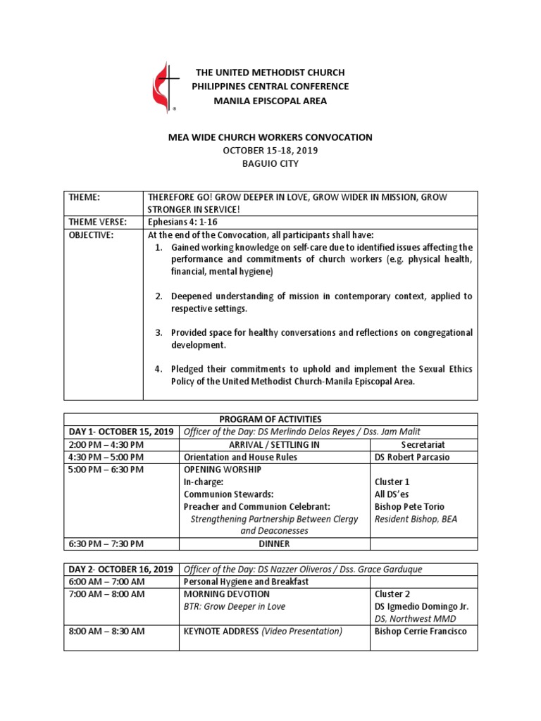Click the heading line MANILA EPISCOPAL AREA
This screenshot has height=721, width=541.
coord(270,101)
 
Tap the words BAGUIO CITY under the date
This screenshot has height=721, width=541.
coord(270,164)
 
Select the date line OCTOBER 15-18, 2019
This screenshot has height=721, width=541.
coord(270,151)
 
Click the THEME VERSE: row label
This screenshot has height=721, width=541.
coord(99,222)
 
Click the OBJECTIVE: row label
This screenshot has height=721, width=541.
coord(92,235)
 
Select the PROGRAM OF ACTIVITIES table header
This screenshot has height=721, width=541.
coord(270,419)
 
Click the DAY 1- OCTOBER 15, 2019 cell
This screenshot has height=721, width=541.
coord(120,432)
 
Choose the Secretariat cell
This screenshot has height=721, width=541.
coord(423,444)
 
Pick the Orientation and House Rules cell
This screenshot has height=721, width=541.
coord(240,457)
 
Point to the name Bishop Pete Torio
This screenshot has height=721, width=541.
coord(409,507)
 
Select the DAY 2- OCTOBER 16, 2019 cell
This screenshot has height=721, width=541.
coord(120,569)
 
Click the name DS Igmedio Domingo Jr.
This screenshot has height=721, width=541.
coord(421,606)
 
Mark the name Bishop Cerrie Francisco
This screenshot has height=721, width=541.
coord(420,632)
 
